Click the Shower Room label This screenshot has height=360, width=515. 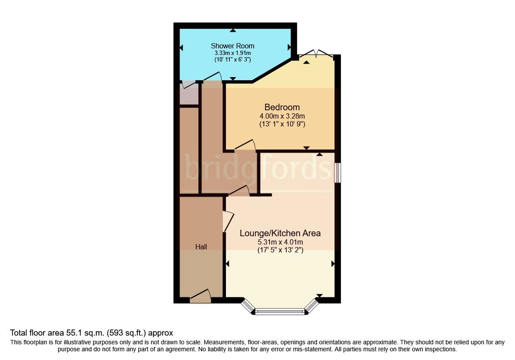click(x=232, y=46)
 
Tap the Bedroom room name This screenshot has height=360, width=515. click(x=282, y=107)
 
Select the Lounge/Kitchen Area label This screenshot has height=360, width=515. click(x=280, y=233)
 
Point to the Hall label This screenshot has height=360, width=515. click(x=201, y=247)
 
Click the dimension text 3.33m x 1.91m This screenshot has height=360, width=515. click(x=232, y=53)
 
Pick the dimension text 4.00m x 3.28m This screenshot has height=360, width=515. click(x=282, y=116)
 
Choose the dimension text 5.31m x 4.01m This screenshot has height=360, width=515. click(x=280, y=242)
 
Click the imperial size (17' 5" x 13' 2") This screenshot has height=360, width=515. click(x=280, y=250)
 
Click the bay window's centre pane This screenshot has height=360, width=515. click(x=280, y=311)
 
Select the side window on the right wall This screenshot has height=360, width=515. click(x=338, y=173)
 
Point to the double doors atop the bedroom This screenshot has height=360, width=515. click(x=318, y=53)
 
